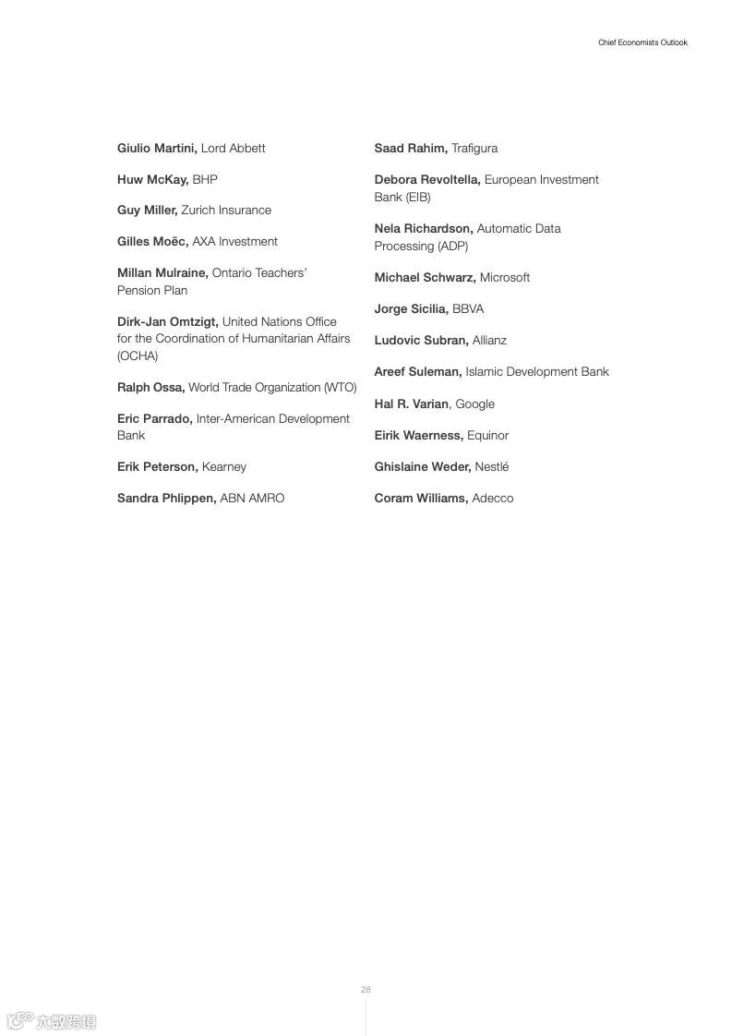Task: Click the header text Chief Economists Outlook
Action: click(x=642, y=42)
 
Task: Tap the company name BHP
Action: click(x=205, y=179)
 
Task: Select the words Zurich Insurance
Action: click(x=226, y=211)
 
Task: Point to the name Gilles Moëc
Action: click(x=152, y=242)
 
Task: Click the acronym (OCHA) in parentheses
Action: click(x=138, y=356)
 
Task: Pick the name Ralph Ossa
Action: click(x=150, y=388)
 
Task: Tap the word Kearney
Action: click(x=224, y=467)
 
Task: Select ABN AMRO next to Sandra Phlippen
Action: click(x=252, y=499)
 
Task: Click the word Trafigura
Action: click(x=474, y=148)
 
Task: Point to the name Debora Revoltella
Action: click(x=426, y=179)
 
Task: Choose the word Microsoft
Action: click(x=505, y=278)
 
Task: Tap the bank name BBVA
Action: click(x=468, y=309)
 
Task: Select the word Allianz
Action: click(x=489, y=341)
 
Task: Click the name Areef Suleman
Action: click(x=417, y=372)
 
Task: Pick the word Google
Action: click(x=475, y=404)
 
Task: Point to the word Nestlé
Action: click(x=492, y=467)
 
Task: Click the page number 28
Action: click(x=366, y=990)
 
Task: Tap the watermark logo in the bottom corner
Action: click(x=52, y=1021)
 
